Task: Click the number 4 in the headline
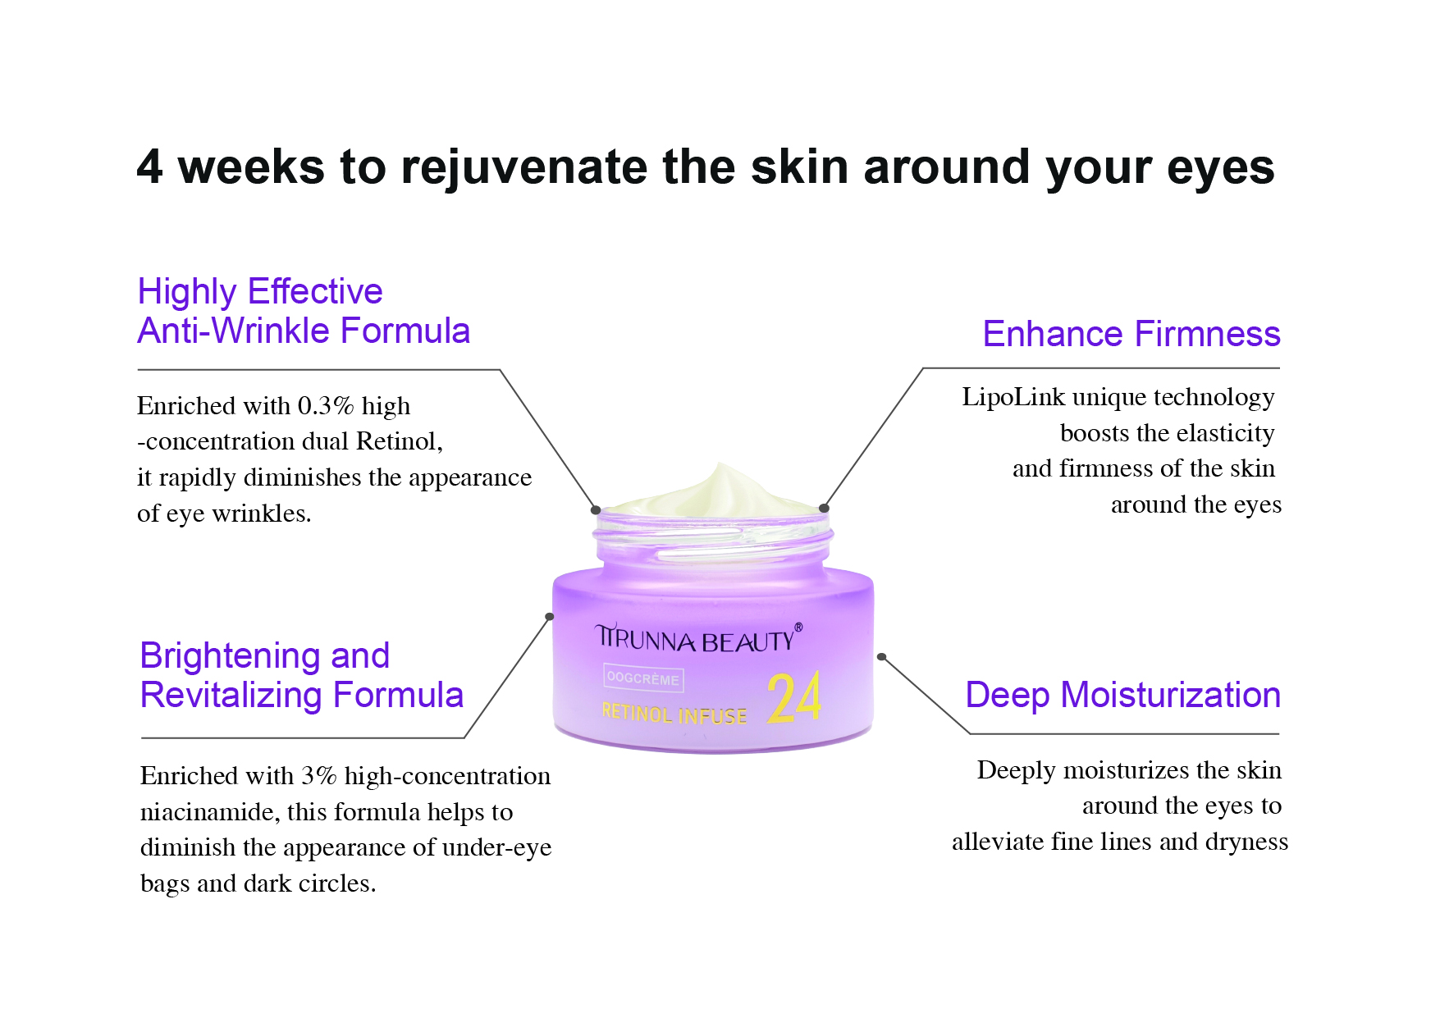[150, 167]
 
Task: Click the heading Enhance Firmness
[1131, 334]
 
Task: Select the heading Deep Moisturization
[1122, 696]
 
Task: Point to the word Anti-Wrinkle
[234, 331]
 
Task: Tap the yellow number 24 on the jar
[794, 699]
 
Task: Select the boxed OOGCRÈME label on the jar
[643, 679]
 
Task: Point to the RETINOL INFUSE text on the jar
[674, 714]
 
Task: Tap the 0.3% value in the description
[326, 406]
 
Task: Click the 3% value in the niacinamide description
[319, 776]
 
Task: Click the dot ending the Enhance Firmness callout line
[824, 509]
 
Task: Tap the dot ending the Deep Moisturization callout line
[881, 657]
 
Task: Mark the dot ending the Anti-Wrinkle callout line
[596, 510]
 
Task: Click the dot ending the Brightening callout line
[550, 617]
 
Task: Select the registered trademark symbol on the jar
[798, 628]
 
